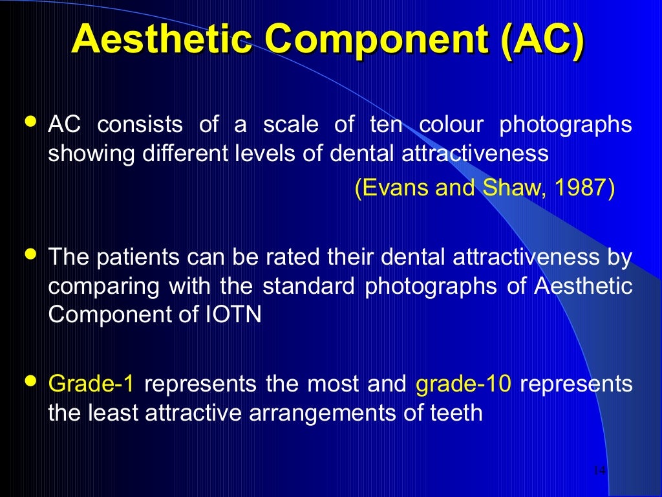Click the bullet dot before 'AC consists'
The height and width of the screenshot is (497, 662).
[30, 121]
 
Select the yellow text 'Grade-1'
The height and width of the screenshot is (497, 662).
[91, 384]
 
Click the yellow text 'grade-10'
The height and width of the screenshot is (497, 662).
[464, 384]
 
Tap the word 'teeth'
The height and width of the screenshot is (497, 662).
[456, 413]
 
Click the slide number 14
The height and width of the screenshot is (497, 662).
[599, 470]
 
